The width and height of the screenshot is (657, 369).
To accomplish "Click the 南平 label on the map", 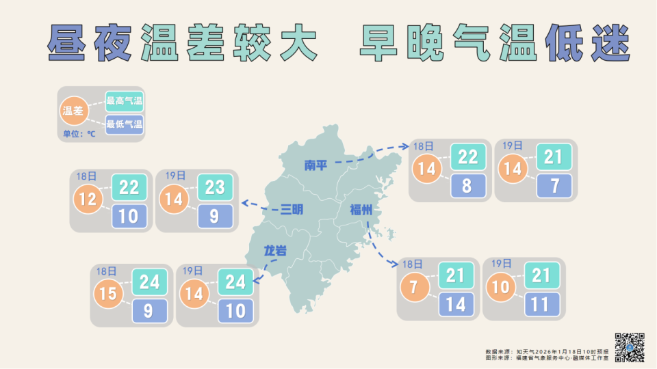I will point(317,165).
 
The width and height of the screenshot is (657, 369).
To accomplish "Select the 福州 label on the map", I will point(360,209).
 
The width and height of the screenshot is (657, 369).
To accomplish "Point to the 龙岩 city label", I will point(275,251).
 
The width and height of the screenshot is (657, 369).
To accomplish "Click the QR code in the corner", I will point(630,347).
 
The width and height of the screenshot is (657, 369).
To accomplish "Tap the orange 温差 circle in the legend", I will point(73,111).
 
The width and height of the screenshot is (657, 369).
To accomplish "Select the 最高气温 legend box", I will point(124,101).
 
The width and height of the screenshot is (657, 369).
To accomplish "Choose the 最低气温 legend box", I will point(124,124).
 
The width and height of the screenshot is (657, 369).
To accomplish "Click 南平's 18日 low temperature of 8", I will point(468,186).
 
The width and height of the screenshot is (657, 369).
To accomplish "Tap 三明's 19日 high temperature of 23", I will point(215,187).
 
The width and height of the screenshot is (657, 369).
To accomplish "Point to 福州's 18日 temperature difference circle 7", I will point(415,286).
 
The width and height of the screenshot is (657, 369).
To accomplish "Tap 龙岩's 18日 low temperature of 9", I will point(149,311).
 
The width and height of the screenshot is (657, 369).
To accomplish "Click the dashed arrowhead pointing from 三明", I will point(244,202).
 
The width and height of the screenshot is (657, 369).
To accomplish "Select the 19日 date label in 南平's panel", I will point(512,146).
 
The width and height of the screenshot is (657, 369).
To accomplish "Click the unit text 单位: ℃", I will point(79,134).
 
